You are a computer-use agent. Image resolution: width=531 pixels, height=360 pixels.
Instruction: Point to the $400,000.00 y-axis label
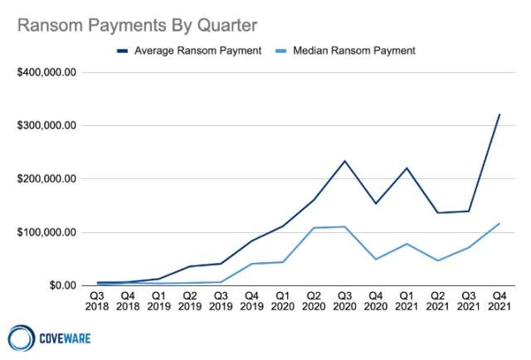[46, 72]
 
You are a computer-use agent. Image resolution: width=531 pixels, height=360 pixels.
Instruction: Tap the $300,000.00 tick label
[46, 125]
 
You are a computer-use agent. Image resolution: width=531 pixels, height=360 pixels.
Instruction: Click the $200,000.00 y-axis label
[46, 179]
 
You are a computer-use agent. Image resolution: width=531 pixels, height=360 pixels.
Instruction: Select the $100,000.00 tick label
[46, 232]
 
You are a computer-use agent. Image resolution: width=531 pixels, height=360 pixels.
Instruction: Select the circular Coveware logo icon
[22, 338]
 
